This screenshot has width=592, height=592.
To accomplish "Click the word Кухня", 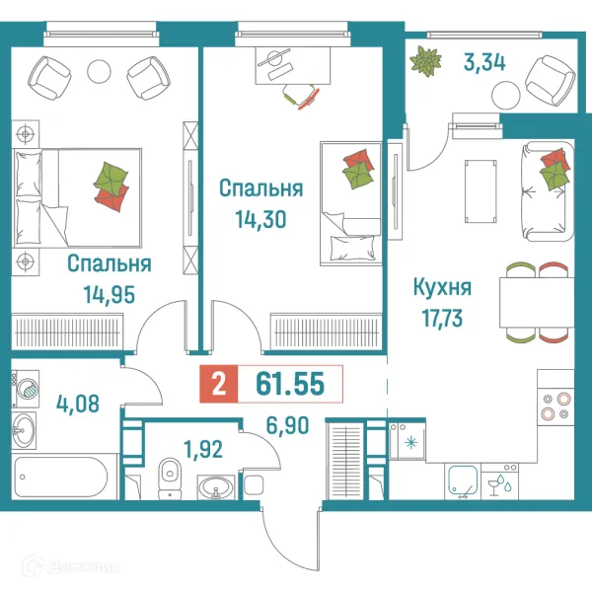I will (441, 288).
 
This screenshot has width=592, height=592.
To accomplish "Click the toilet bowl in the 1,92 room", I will (170, 473).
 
